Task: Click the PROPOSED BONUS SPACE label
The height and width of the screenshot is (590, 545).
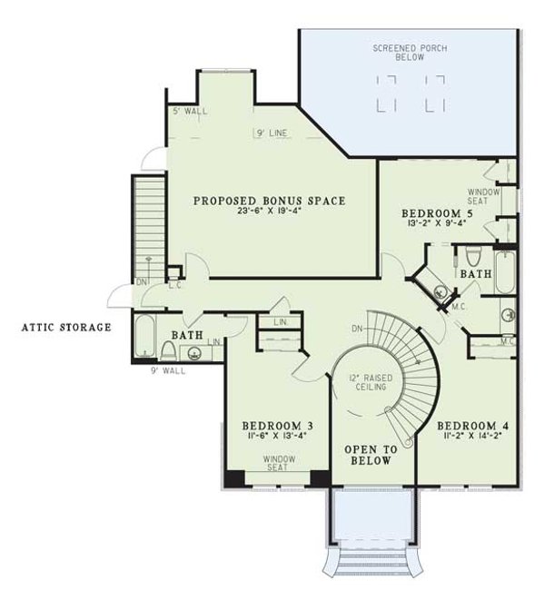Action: [268, 200]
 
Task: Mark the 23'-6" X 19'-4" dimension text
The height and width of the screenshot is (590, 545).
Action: [269, 213]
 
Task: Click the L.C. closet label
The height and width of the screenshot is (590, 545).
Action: [175, 284]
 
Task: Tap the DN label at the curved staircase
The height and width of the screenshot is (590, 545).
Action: [357, 328]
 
